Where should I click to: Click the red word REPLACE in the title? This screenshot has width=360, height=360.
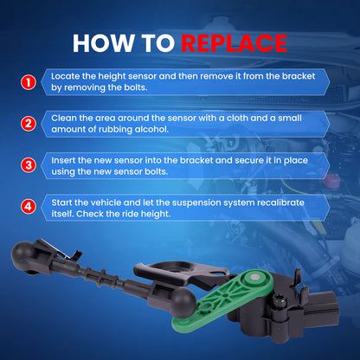234,43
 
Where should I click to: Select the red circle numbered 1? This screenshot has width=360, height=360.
29,82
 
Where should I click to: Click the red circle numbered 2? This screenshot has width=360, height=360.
29,124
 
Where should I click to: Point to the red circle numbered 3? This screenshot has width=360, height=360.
29,165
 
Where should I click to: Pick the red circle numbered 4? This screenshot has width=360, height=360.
29,207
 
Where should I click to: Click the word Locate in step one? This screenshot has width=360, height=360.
66,76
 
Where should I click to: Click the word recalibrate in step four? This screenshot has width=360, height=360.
280,202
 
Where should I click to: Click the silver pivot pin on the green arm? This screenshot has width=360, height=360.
255,278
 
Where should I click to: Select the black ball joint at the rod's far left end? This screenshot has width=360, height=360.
22,254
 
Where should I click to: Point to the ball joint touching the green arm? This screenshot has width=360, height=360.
183,302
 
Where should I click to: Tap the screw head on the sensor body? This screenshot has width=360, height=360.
279,302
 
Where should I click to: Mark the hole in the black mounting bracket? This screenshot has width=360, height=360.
176,271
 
